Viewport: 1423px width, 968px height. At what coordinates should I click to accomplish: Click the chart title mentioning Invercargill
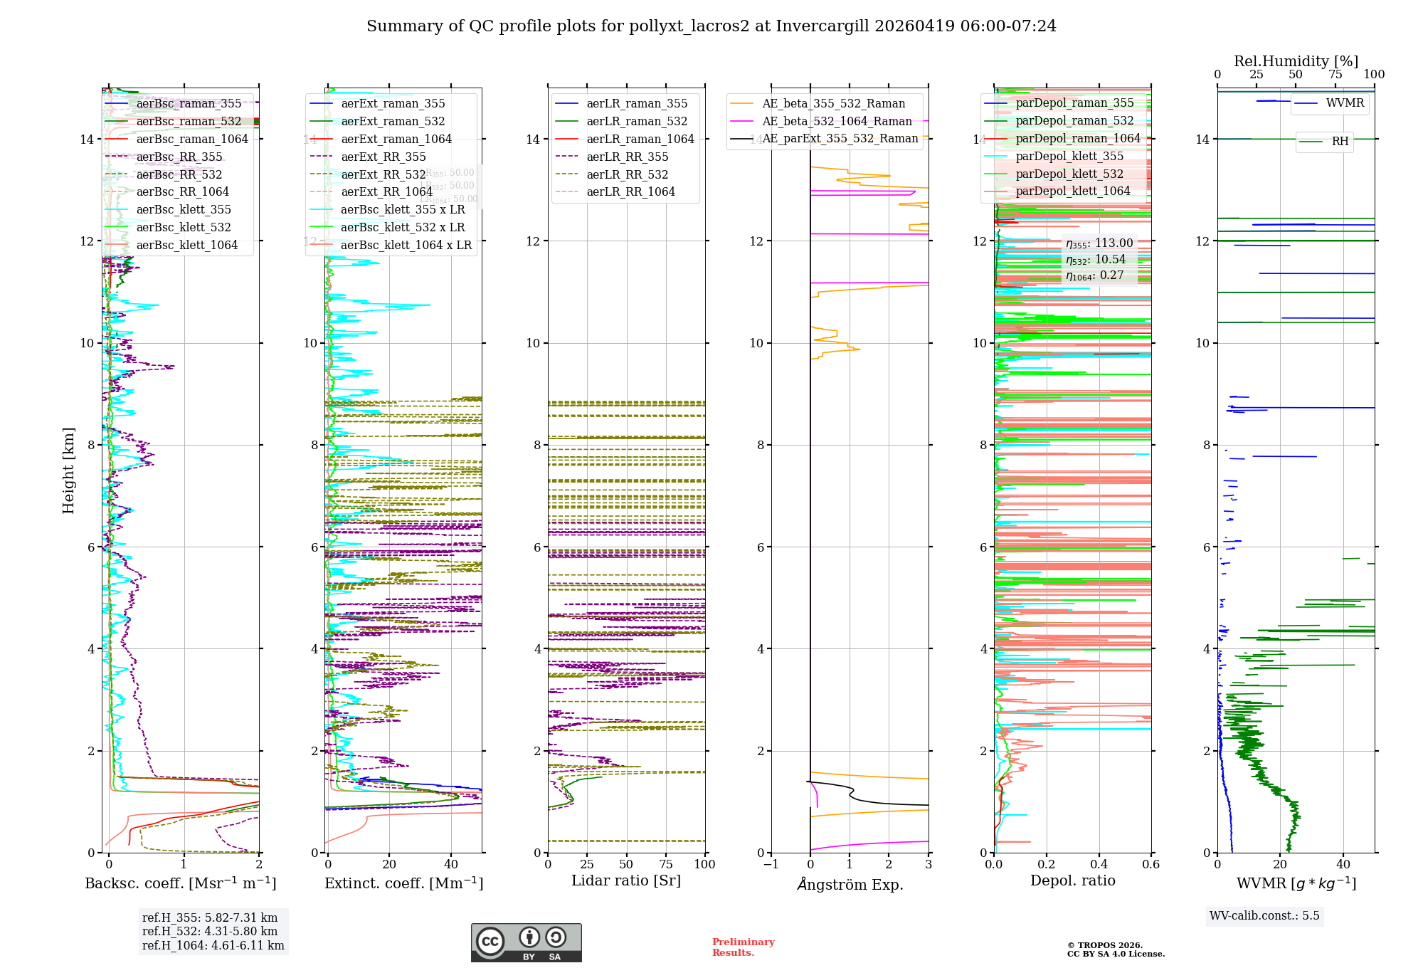pos(711,26)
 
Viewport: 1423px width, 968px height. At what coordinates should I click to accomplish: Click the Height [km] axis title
pos(68,470)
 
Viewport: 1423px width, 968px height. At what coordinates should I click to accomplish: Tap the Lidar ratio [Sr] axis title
pos(626,880)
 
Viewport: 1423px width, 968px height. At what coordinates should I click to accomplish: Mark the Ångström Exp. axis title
pos(850,884)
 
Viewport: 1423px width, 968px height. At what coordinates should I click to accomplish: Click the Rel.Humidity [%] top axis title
pos(1296,61)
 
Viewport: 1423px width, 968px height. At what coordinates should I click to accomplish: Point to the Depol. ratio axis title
pos(1072,880)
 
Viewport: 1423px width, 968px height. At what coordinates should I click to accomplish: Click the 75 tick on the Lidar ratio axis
pos(666,864)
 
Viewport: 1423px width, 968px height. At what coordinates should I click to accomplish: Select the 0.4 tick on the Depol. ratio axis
pos(1099,864)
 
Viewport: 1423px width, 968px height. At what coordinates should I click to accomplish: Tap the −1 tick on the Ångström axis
pos(771,864)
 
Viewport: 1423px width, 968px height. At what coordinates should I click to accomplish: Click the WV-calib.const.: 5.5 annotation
pos(1264,915)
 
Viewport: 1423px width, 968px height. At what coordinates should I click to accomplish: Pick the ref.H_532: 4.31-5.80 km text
pos(210,931)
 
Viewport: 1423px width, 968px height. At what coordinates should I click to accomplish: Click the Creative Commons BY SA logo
pos(526,942)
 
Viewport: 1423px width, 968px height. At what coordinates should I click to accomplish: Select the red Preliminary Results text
pos(743,947)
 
